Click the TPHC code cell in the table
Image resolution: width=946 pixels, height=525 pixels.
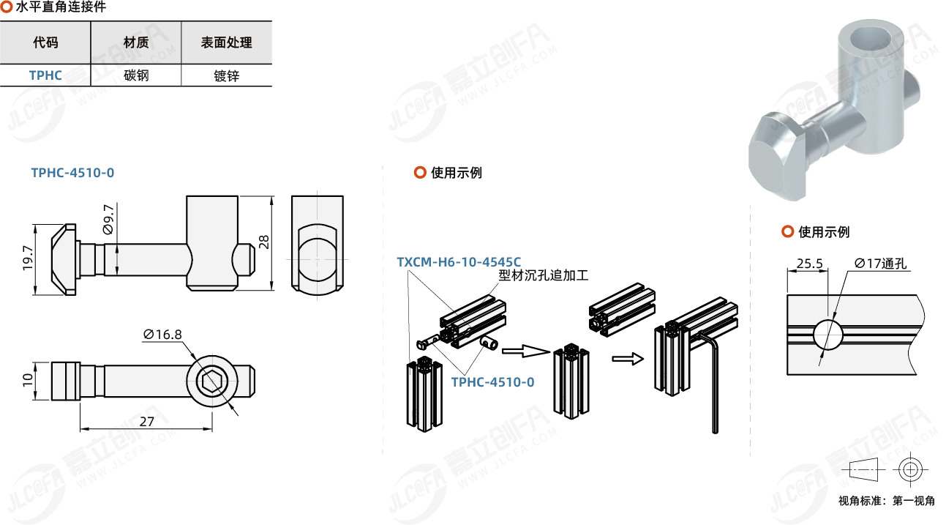(x=45, y=75)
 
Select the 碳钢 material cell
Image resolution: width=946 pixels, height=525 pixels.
(x=136, y=75)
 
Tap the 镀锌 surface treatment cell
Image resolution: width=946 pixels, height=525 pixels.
(x=227, y=75)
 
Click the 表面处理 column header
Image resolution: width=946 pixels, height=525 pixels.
(x=227, y=42)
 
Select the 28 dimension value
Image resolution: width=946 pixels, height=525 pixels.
(x=264, y=242)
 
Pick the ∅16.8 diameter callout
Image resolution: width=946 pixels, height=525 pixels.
(x=162, y=335)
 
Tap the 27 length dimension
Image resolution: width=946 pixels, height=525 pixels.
(x=146, y=422)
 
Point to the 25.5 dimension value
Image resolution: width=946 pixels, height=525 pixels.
(x=809, y=264)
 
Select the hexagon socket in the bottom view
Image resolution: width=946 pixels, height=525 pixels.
(x=212, y=381)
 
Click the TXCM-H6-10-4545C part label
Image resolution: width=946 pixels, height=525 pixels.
(x=459, y=261)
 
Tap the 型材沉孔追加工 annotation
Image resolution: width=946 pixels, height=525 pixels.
(x=544, y=275)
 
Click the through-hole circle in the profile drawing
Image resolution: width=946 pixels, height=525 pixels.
(x=827, y=335)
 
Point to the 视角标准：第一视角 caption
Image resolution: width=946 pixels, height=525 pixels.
(x=886, y=502)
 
